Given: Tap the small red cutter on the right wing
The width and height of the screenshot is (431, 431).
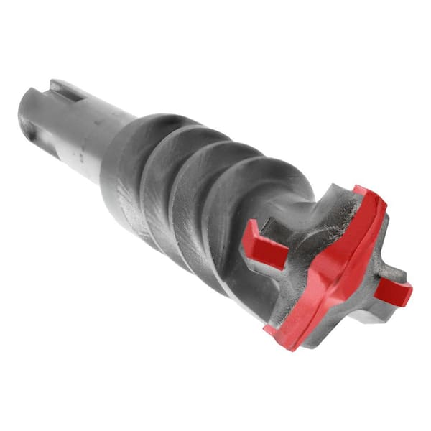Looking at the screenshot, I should [x=394, y=290].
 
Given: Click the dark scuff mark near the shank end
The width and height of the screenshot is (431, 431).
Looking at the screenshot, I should [x=54, y=144].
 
